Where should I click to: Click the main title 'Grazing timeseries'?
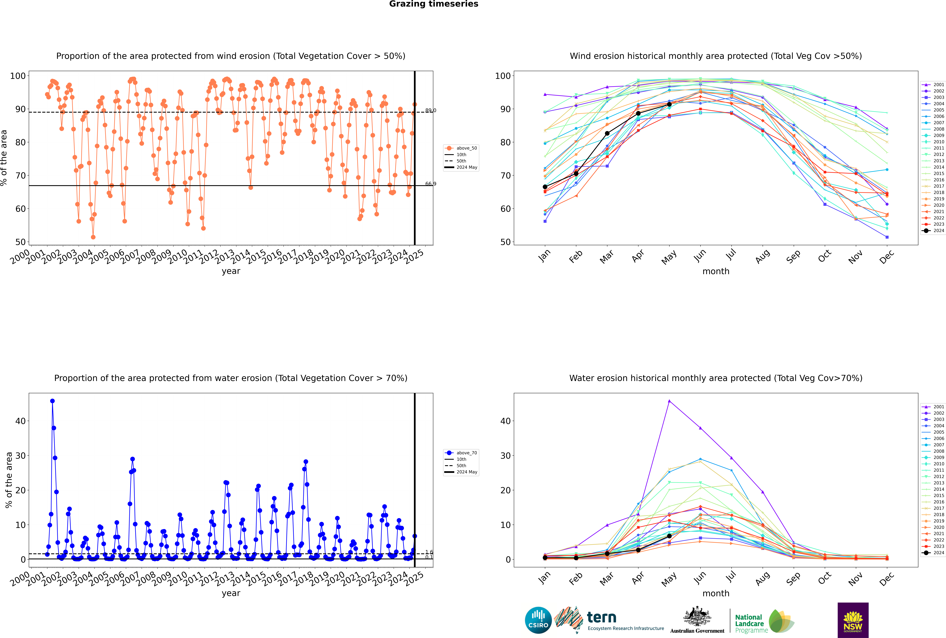click(434, 4)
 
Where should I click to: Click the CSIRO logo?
click(538, 620)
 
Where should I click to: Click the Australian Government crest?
click(697, 616)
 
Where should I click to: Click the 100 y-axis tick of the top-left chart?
click(18, 76)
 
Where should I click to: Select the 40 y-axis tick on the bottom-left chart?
click(20, 421)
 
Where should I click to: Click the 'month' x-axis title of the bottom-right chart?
click(716, 593)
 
